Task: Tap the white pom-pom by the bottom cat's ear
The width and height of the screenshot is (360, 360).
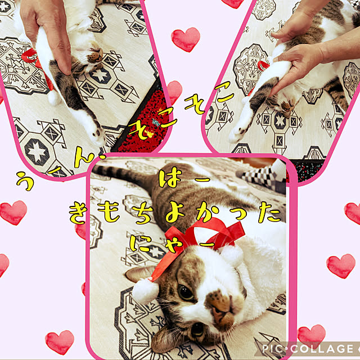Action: pyautogui.click(x=145, y=290)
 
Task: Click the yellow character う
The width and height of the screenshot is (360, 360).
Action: pyautogui.click(x=25, y=181)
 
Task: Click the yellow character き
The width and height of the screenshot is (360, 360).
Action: pyautogui.click(x=78, y=214)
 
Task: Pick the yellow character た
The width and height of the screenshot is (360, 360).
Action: pyautogui.click(x=269, y=213)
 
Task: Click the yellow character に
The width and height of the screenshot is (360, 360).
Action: pyautogui.click(x=139, y=243)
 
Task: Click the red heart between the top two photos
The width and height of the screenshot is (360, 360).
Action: pyautogui.click(x=186, y=39)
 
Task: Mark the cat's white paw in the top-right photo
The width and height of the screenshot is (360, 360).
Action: pyautogui.click(x=237, y=134)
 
